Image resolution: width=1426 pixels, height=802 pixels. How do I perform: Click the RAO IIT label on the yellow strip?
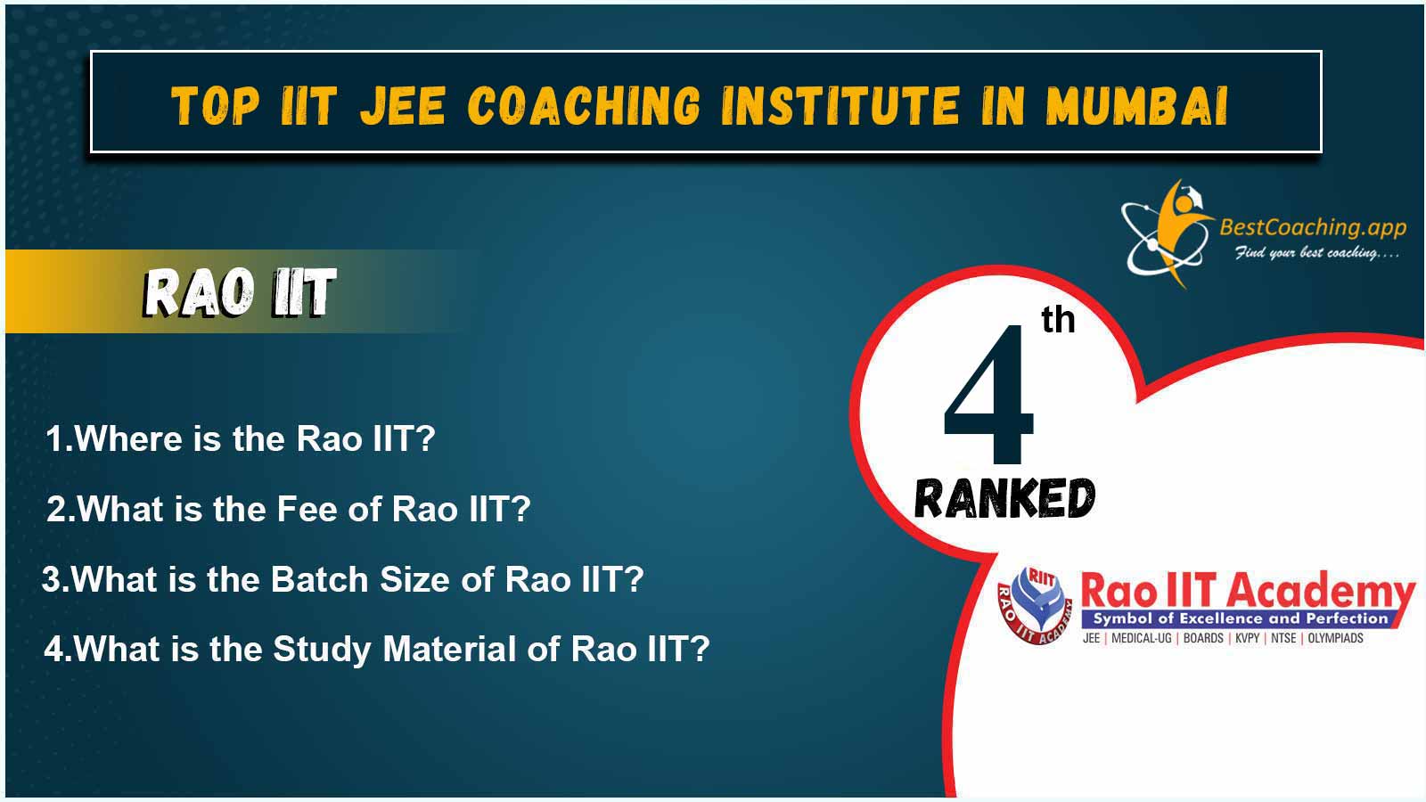240,292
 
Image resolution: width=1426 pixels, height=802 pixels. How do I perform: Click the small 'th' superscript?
1058,320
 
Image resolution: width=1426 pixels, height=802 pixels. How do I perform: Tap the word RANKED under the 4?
1004,498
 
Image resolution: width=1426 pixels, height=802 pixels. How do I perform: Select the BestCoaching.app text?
1313,227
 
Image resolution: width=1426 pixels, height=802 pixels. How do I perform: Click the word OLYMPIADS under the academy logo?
1336,638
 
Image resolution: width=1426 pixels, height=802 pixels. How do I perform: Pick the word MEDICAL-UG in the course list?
1142,638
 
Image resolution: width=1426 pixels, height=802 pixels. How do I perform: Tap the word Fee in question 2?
306,509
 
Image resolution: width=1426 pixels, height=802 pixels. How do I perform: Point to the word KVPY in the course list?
1248,638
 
